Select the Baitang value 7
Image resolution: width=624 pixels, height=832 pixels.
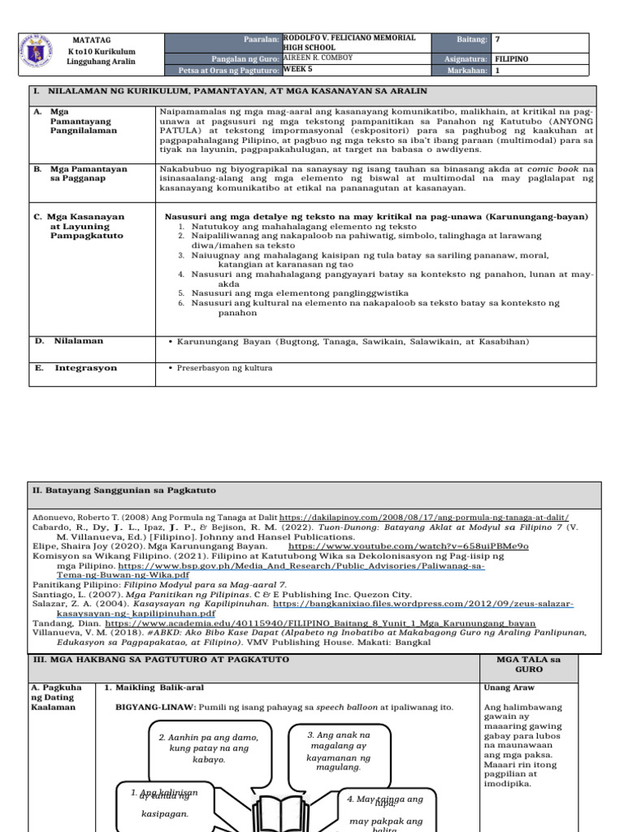(x=497, y=39)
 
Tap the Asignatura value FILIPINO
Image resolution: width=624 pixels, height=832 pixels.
(x=512, y=59)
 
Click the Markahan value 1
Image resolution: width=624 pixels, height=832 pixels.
(x=497, y=70)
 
